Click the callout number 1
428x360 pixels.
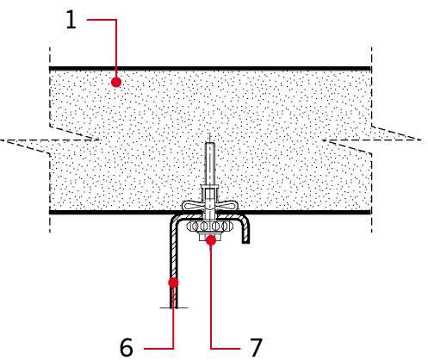71,20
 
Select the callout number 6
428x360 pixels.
127,347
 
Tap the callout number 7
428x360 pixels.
256,347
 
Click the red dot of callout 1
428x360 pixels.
116,82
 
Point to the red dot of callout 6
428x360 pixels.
173,282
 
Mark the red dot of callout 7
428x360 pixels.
211,240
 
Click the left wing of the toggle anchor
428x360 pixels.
192,205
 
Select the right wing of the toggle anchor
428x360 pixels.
226,205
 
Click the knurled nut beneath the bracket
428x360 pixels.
209,227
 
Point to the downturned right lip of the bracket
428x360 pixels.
245,231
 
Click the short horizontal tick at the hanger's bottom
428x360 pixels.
174,307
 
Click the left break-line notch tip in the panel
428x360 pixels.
99,140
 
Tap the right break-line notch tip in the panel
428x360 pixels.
322,140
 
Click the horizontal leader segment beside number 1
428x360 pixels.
102,20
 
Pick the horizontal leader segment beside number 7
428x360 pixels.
226,349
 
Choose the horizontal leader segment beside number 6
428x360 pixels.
158,349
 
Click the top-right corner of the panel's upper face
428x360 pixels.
371,67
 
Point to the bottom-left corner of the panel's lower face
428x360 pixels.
50,214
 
